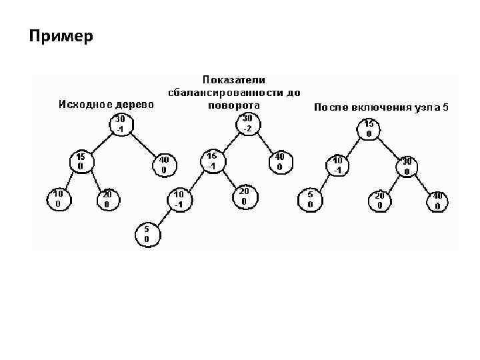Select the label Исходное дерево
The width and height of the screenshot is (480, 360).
click(x=107, y=104)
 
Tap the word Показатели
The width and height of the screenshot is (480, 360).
click(x=234, y=80)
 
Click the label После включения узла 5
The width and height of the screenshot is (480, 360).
click(x=381, y=107)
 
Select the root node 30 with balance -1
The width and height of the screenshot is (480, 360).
click(x=121, y=124)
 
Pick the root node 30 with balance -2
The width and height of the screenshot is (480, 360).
click(x=247, y=123)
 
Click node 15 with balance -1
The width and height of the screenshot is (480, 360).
click(x=213, y=161)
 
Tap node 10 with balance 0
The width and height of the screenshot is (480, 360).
click(x=59, y=198)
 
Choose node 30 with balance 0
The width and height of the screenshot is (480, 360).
click(x=406, y=166)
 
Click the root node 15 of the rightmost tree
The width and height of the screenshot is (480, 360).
click(x=369, y=128)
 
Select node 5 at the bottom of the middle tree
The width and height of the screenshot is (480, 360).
click(x=146, y=233)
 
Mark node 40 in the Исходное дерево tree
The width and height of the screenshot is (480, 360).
click(x=164, y=165)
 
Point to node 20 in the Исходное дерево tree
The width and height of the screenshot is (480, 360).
click(x=107, y=198)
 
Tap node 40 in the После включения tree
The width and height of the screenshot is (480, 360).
click(x=437, y=201)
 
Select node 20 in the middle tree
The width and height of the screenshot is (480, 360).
click(x=243, y=196)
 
